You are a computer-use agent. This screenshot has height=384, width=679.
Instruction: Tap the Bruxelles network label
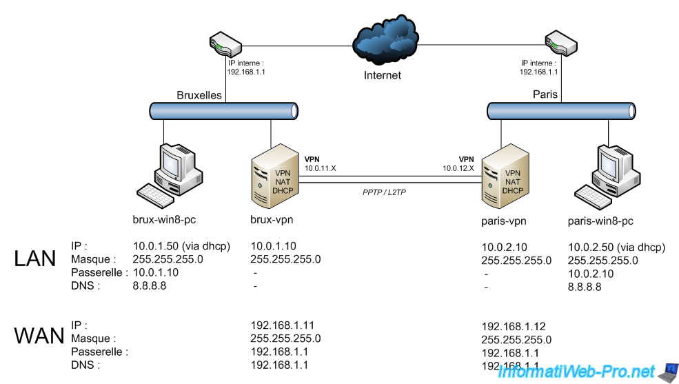pyautogui.click(x=200, y=95)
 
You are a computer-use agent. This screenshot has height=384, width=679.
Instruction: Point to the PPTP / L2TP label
pyautogui.click(x=384, y=192)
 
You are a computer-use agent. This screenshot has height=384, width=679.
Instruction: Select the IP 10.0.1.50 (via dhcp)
pyautogui.click(x=181, y=246)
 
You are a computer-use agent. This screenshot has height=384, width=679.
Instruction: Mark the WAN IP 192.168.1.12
pyautogui.click(x=509, y=326)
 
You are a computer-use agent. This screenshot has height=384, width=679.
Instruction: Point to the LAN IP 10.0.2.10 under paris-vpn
pyautogui.click(x=505, y=247)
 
